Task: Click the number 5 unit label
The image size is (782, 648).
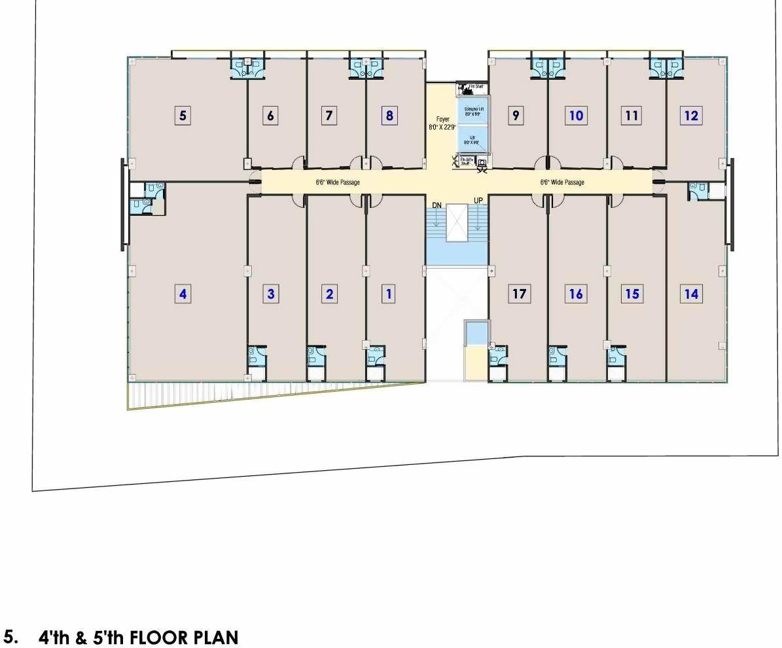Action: pos(183,116)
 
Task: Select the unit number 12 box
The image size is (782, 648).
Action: pos(691,116)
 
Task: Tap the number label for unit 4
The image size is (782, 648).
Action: pos(183,294)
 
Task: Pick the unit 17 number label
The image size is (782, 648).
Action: pos(519,294)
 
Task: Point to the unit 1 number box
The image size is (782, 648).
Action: pos(389,294)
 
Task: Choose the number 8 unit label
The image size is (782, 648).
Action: pos(389,116)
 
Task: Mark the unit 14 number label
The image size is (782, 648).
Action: pos(691,294)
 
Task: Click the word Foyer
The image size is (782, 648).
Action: pos(443,119)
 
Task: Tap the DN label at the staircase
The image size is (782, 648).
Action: pos(436,206)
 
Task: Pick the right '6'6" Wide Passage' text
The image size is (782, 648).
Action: pos(562,182)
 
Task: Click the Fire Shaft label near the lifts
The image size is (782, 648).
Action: pos(475,86)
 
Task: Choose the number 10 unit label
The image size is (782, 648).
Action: pos(576,116)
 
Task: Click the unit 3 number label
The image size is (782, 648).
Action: pos(271,294)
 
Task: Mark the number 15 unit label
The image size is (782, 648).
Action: pos(632,294)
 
